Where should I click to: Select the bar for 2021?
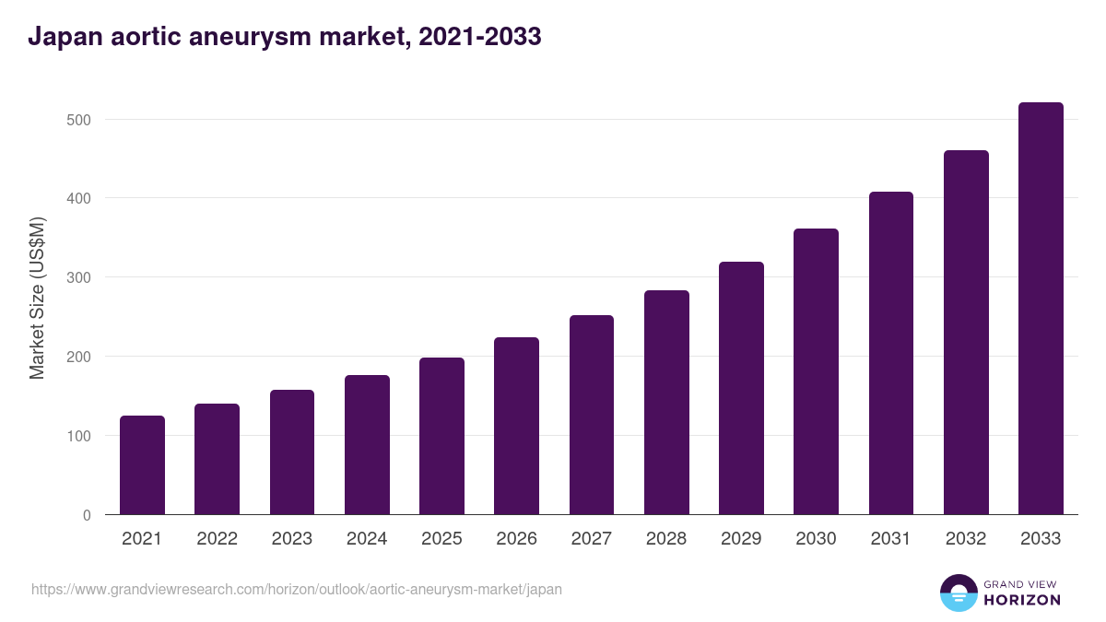click(x=142, y=465)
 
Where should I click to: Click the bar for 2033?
click(x=1041, y=309)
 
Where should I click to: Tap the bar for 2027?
click(x=592, y=415)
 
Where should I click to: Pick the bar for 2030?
click(x=816, y=371)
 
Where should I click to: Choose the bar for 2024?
click(x=367, y=445)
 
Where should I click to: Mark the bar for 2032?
click(x=966, y=333)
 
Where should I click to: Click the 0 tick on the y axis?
click(x=87, y=515)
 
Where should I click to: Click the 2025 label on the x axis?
click(x=441, y=539)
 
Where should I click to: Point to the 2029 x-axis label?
click(x=741, y=539)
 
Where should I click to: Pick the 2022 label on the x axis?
click(x=217, y=539)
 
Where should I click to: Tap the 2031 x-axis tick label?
click(x=891, y=539)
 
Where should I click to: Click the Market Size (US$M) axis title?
click(x=37, y=298)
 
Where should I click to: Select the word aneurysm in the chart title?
click(x=255, y=37)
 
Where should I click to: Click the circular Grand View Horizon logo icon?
click(x=958, y=593)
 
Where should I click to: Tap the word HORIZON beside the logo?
click(x=1022, y=600)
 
